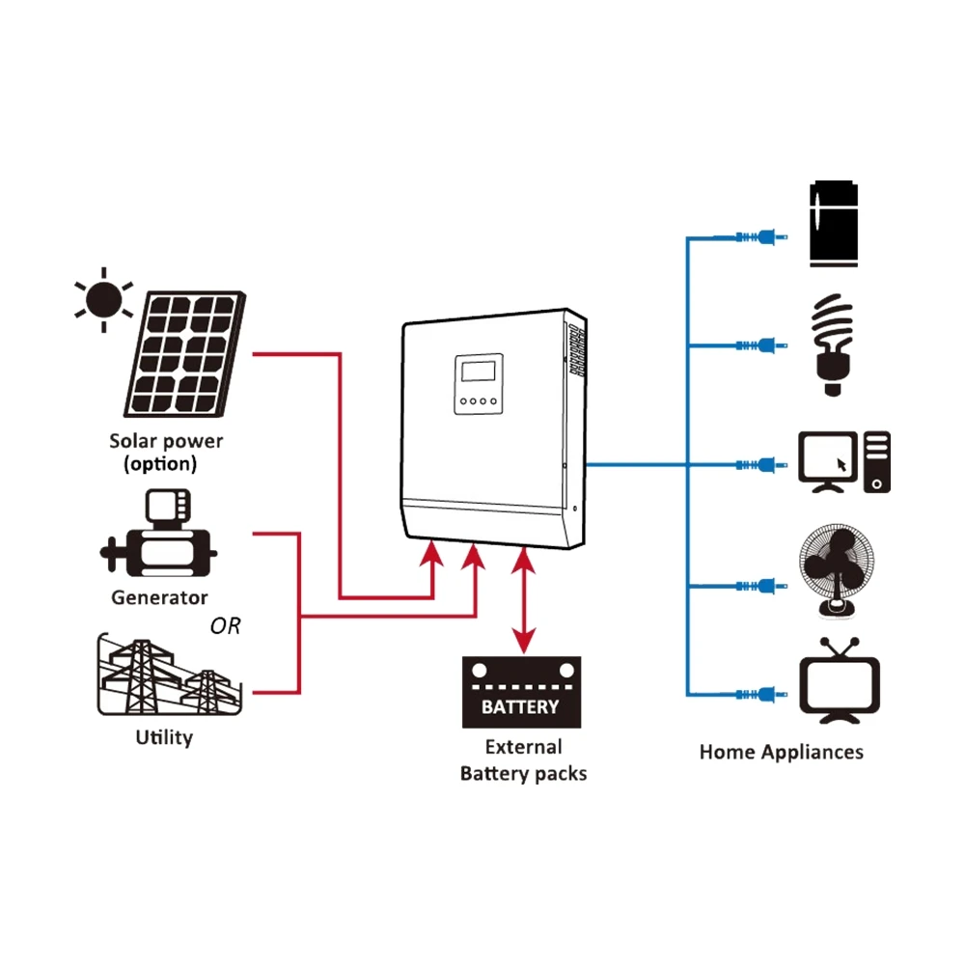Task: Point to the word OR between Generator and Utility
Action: click(225, 627)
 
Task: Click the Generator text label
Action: click(159, 597)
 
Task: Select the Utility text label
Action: click(164, 738)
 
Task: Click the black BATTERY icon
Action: click(522, 692)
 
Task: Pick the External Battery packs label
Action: click(523, 760)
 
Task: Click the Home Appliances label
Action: click(781, 752)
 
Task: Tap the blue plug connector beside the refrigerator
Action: click(762, 236)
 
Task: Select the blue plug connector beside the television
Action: click(762, 694)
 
